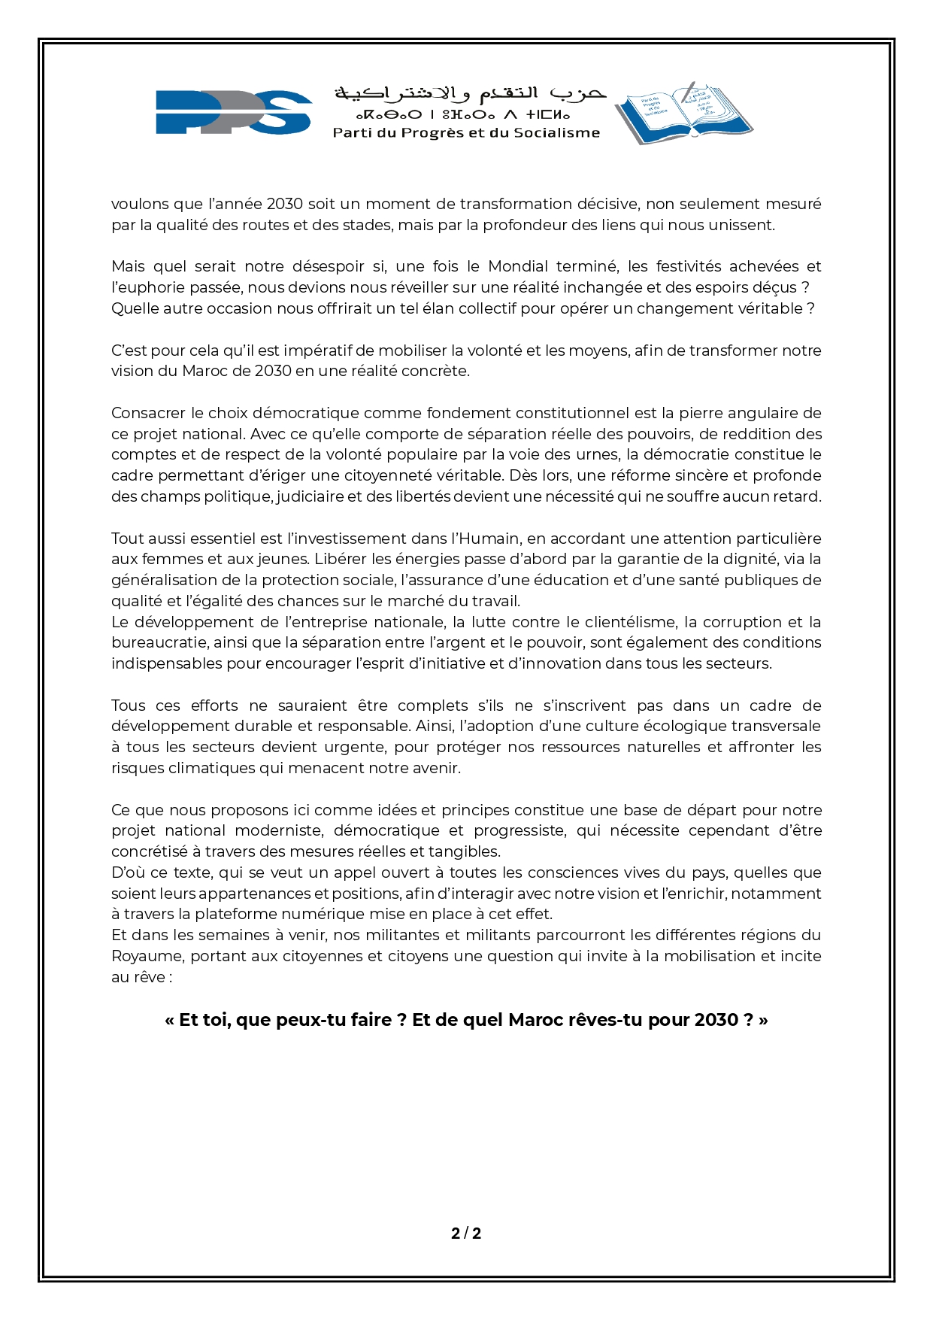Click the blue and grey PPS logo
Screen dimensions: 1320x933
point(234,112)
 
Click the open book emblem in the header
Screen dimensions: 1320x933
point(683,112)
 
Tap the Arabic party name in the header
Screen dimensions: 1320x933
point(470,93)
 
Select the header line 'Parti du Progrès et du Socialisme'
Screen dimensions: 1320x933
point(466,133)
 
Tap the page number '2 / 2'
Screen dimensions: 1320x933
point(466,1234)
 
